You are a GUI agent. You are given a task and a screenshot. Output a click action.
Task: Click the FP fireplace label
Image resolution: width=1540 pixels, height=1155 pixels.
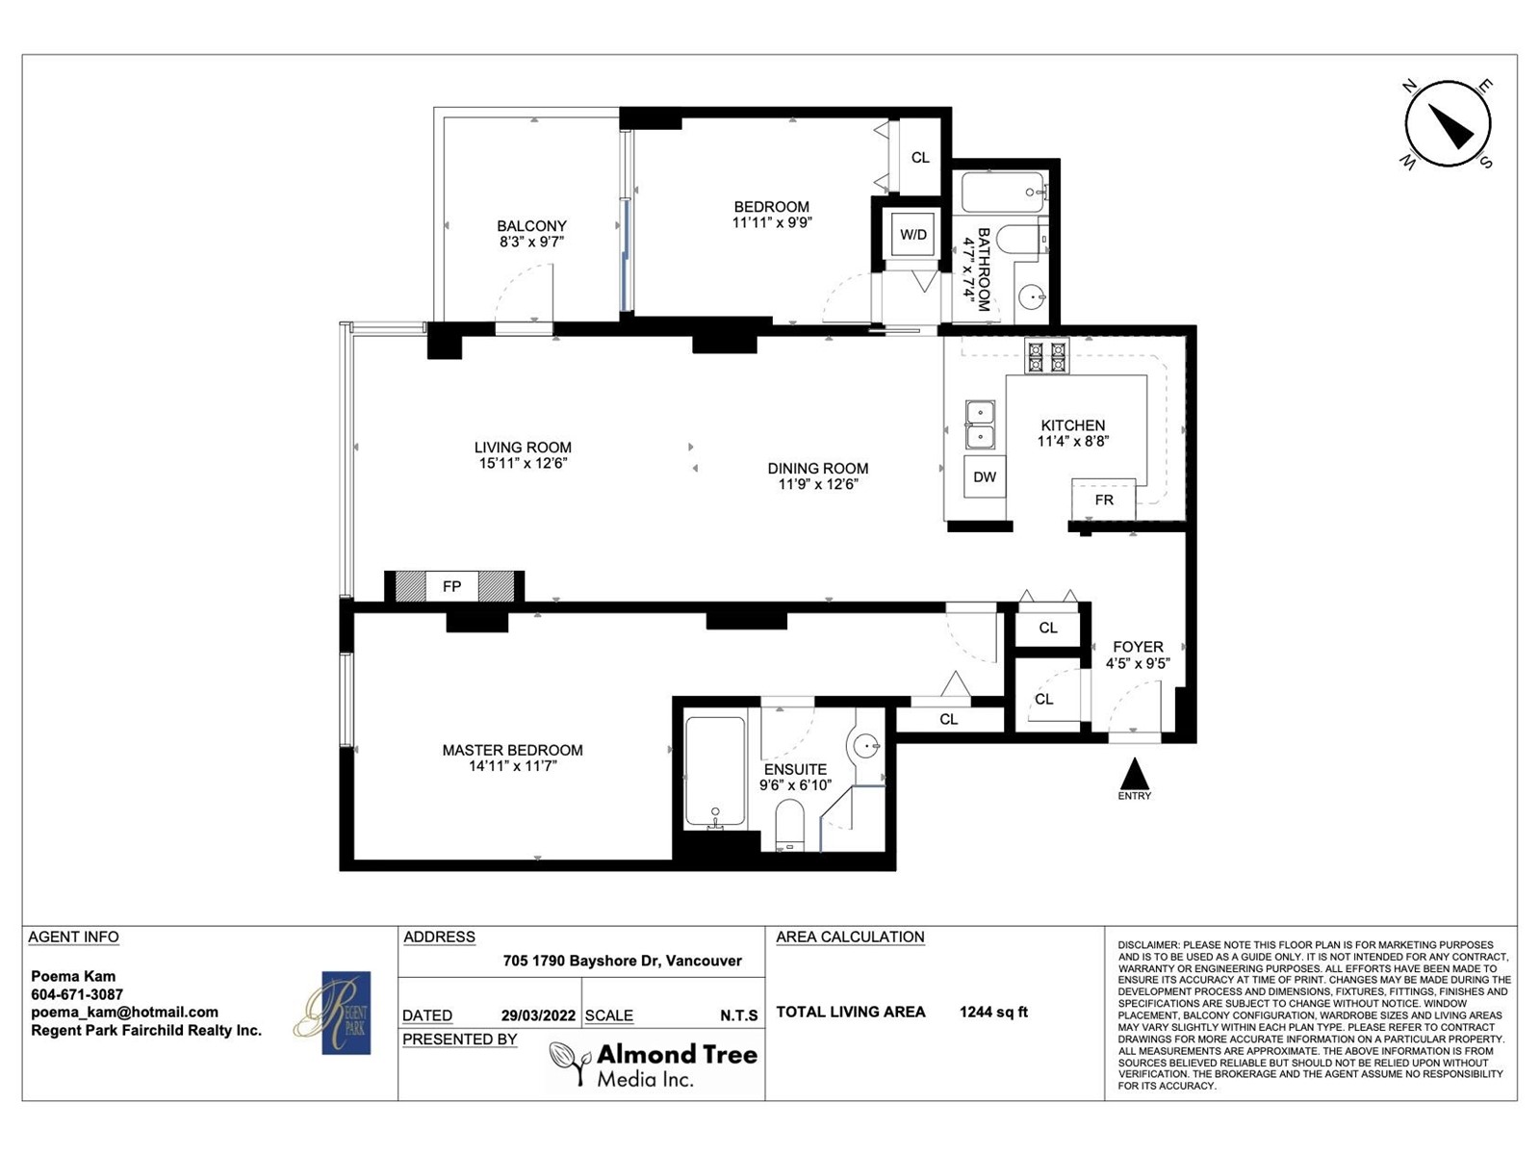point(451,585)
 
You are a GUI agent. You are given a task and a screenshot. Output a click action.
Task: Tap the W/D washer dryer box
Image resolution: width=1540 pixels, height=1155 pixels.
point(912,234)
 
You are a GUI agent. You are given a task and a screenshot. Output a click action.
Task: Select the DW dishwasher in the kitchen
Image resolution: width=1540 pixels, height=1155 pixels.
point(985,476)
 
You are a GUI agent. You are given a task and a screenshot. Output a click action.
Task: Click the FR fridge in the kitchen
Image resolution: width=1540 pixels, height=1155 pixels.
point(1104,500)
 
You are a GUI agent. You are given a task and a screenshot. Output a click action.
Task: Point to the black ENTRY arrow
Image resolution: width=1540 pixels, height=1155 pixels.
point(1135,774)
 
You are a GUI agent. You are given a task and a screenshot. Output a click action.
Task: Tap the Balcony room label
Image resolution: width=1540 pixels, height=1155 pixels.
point(532,226)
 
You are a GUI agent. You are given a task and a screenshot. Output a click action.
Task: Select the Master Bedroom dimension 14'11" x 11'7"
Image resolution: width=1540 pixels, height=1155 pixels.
point(513,766)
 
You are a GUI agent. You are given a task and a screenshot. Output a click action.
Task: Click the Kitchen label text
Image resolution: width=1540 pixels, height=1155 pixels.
point(1073,425)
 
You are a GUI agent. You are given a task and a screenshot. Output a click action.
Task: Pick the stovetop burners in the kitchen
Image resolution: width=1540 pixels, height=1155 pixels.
point(1047,355)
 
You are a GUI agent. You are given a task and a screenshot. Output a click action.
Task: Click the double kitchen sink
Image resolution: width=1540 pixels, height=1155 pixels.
point(980,424)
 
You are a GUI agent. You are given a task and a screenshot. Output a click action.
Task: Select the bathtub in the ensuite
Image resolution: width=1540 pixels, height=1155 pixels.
point(715,771)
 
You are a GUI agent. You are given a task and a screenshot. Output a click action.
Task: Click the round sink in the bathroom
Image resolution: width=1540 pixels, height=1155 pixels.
point(1032,297)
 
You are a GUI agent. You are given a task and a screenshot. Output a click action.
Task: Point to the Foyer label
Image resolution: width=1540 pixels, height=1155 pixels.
point(1138,647)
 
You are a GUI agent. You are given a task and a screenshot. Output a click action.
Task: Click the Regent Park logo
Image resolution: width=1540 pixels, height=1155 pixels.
point(346,1012)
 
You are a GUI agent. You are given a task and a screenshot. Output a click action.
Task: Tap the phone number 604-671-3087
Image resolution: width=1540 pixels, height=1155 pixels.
point(77,993)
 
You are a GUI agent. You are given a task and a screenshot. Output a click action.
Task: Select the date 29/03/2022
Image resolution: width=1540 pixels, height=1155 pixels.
point(538,1015)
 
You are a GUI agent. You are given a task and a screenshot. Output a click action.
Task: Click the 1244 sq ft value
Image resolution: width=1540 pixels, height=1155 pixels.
point(993,1012)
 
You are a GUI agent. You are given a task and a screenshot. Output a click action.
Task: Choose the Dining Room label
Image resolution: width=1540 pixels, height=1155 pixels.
point(818,468)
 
